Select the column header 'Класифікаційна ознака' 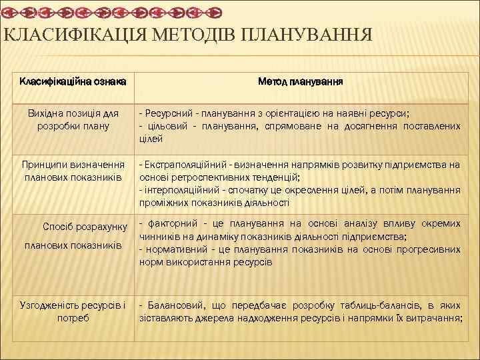(69, 81)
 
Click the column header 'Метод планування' (301, 81)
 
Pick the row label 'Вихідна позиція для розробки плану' (69, 120)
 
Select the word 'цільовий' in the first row (164, 126)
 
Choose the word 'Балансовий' (168, 305)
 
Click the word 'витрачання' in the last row (434, 317)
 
